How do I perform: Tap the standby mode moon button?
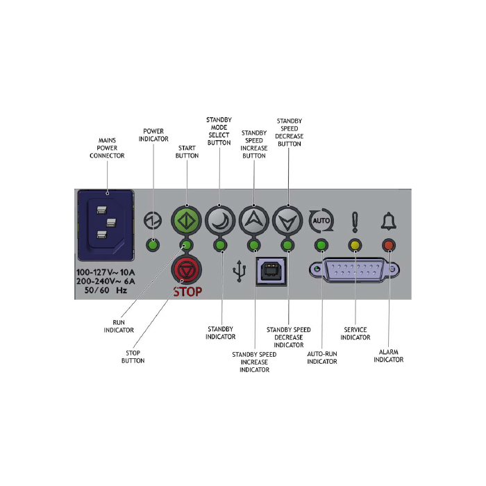tap(220, 217)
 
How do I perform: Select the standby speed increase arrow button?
tap(253, 217)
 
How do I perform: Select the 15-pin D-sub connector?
tap(355, 269)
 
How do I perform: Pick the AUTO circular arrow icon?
tap(321, 221)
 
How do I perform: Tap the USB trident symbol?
tap(240, 271)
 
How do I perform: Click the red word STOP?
tap(187, 292)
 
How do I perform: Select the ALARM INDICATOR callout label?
tap(389, 355)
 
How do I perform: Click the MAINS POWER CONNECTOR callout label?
tap(107, 147)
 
